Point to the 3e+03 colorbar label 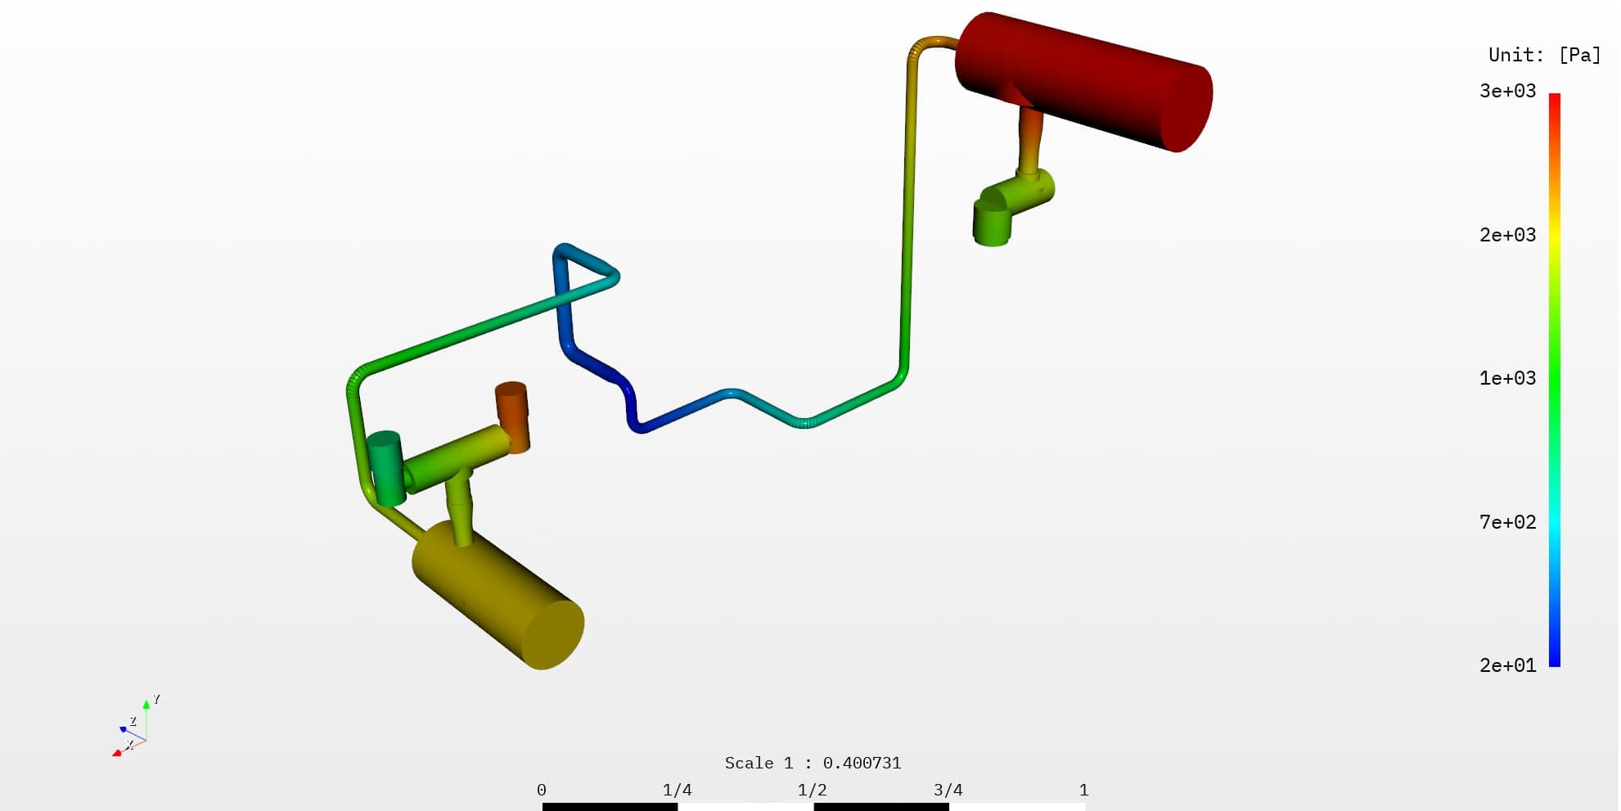1507,91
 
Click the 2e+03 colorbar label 1507,235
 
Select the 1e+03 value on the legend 1507,378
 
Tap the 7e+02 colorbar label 1507,522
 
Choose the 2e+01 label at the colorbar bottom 1507,665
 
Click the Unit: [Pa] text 1544,55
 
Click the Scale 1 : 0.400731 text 813,763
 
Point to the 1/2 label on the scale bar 812,790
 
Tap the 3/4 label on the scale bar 948,790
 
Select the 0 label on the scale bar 541,790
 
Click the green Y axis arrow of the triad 146,705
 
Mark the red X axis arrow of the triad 117,752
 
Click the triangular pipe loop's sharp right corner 615,277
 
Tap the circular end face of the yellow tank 553,635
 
